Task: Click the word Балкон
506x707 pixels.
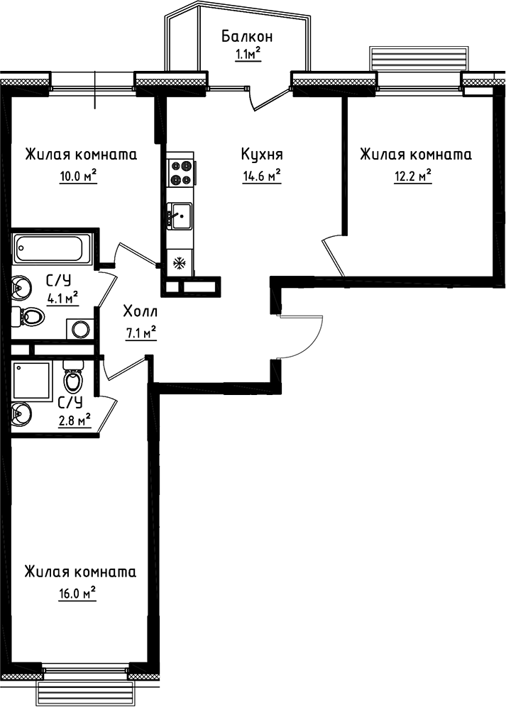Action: [x=247, y=37]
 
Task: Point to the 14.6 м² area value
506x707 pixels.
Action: [x=261, y=175]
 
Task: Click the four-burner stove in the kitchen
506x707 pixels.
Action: [x=180, y=172]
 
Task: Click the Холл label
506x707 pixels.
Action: [x=140, y=311]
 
